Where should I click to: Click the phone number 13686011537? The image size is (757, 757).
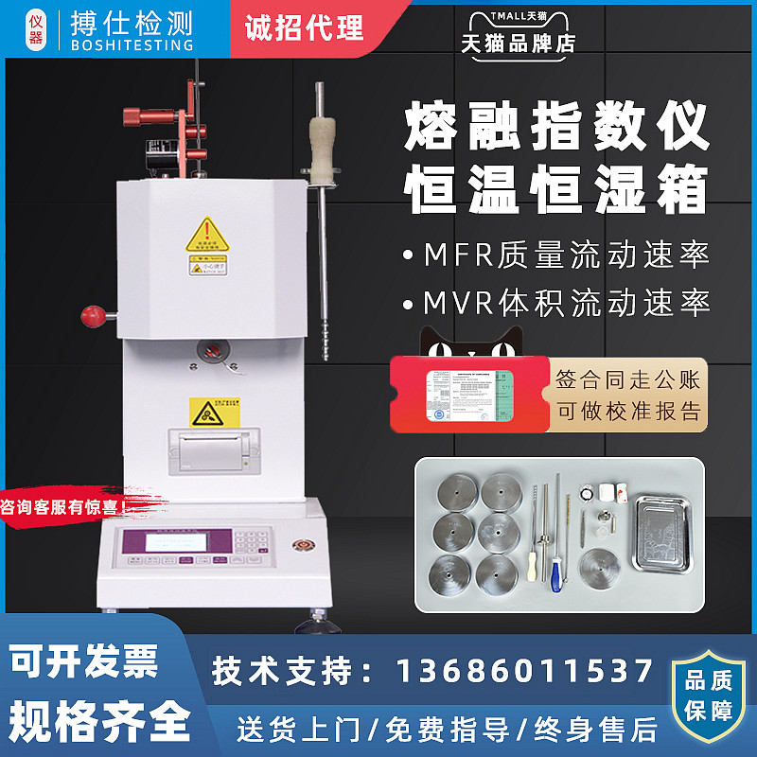pos(523,671)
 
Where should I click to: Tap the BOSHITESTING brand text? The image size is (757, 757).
pos(132,44)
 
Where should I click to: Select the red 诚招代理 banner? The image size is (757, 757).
pos(304,27)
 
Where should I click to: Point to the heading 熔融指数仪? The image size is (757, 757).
pos(556,131)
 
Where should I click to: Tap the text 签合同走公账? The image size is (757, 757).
pos(628,379)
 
